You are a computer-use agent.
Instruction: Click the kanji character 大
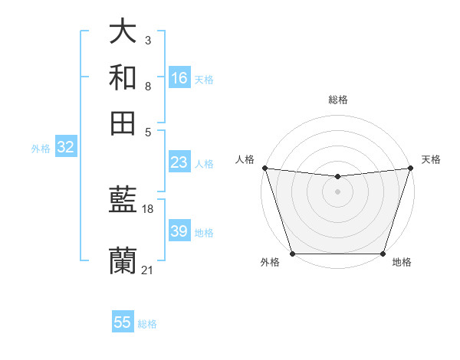[123, 33]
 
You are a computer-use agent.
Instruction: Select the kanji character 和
[123, 77]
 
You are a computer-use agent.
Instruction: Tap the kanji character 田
[123, 123]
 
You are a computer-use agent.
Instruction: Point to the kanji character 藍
[123, 201]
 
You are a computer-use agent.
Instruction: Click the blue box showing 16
[179, 78]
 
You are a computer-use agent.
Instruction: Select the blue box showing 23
[179, 162]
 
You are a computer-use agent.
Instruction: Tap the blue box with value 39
[179, 231]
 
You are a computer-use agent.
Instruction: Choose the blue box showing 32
[65, 148]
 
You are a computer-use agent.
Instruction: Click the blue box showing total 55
[123, 322]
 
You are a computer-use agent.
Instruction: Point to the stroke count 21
[148, 270]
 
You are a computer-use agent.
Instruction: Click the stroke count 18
[148, 209]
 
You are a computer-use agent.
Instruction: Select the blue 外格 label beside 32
[41, 149]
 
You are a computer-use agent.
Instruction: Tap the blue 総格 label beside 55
[147, 323]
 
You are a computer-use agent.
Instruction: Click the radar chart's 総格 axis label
[337, 100]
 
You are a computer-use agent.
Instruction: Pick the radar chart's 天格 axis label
[431, 159]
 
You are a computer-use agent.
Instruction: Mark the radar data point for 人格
[264, 168]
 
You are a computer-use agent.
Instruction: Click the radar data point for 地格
[383, 253]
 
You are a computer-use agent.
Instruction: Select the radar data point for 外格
[293, 253]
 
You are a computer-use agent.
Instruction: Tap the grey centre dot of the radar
[337, 191]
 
